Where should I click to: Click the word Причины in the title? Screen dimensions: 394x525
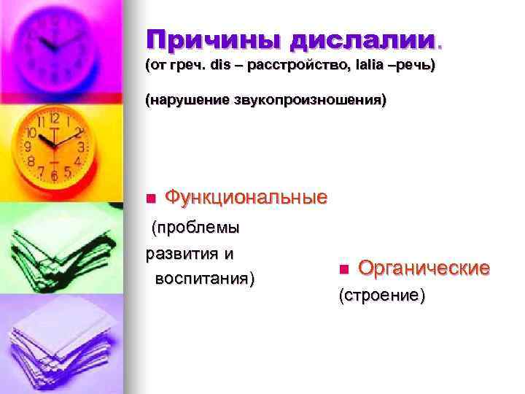206,39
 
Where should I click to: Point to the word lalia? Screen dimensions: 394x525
370,66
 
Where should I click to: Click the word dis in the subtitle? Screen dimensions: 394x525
219,66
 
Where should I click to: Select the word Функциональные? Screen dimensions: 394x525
246,197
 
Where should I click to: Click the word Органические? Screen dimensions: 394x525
424,269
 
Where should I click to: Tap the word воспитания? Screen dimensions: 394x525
203,279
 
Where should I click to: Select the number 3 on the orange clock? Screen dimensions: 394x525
82,147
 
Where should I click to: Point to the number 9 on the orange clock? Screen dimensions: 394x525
29,147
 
